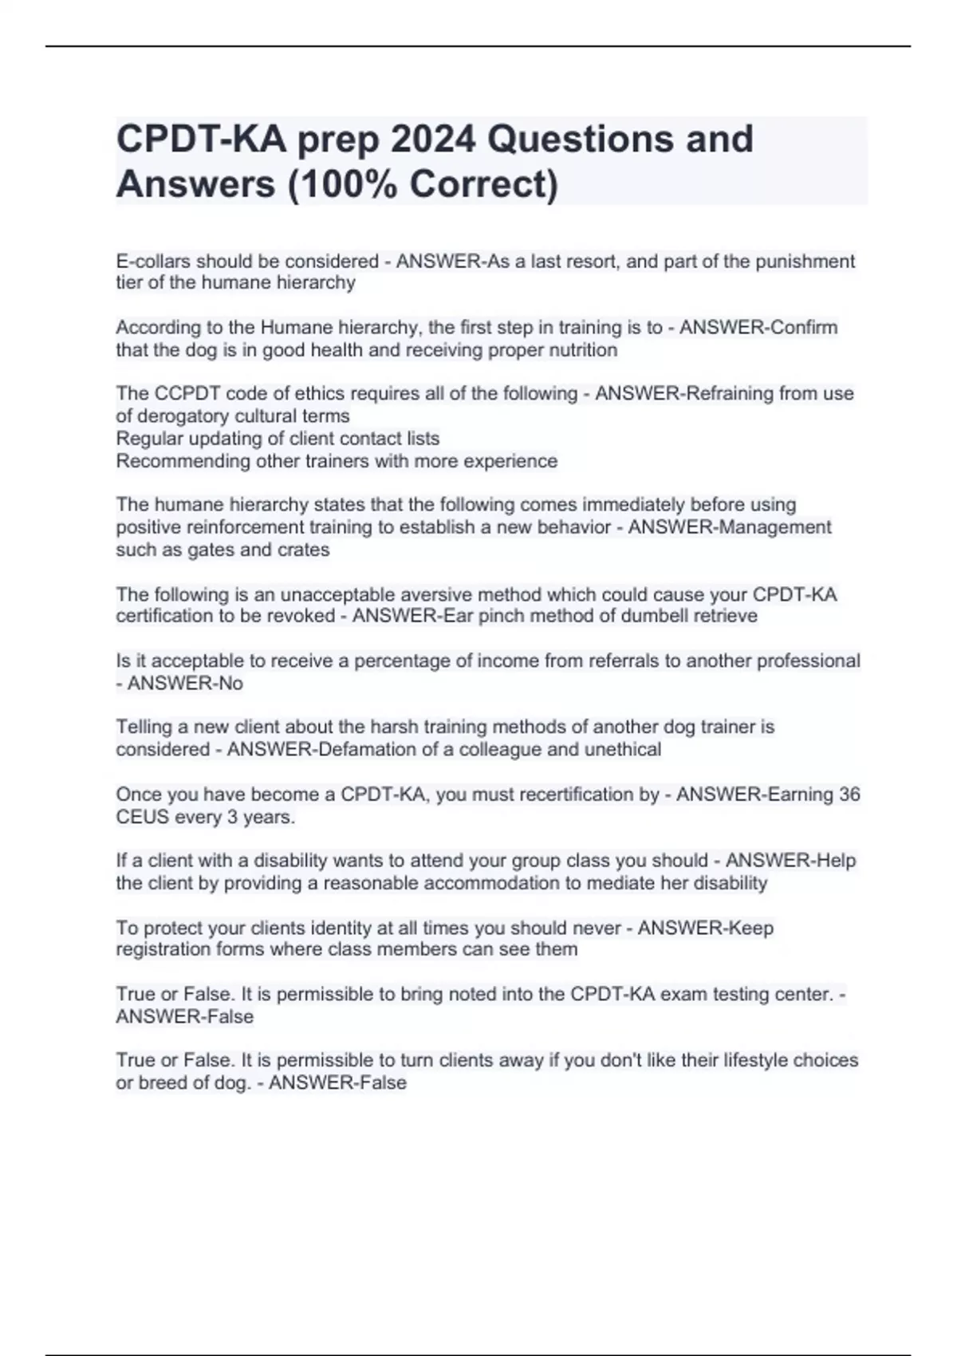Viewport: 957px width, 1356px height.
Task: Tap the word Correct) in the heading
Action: (484, 185)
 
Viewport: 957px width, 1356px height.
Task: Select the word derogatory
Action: (206, 416)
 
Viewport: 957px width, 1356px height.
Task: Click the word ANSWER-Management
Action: (730, 527)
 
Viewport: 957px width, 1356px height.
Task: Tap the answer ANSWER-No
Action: (185, 684)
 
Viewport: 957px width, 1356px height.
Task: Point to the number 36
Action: (849, 794)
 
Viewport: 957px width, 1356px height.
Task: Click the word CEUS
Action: (142, 817)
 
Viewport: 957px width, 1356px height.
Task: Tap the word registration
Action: (166, 949)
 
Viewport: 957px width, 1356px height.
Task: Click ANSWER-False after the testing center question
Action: (185, 1017)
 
